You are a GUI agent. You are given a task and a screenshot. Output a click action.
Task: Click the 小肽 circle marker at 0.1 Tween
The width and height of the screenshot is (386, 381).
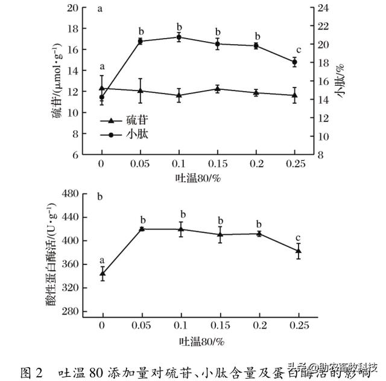179,37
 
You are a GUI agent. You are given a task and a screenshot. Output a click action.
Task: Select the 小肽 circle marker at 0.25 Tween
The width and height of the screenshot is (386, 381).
295,62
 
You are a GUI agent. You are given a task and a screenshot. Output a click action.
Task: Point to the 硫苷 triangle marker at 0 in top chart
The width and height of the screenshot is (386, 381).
101,88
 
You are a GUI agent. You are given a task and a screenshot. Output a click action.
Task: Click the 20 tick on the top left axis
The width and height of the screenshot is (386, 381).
72,8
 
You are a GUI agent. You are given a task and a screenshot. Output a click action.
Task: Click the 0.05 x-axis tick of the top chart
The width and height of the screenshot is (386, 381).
140,164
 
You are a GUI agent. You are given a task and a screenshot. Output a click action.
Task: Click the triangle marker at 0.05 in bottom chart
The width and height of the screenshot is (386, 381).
141,229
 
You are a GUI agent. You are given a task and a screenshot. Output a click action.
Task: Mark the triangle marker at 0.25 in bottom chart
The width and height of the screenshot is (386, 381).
298,251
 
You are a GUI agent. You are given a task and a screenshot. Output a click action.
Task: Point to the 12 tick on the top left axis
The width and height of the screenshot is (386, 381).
72,92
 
